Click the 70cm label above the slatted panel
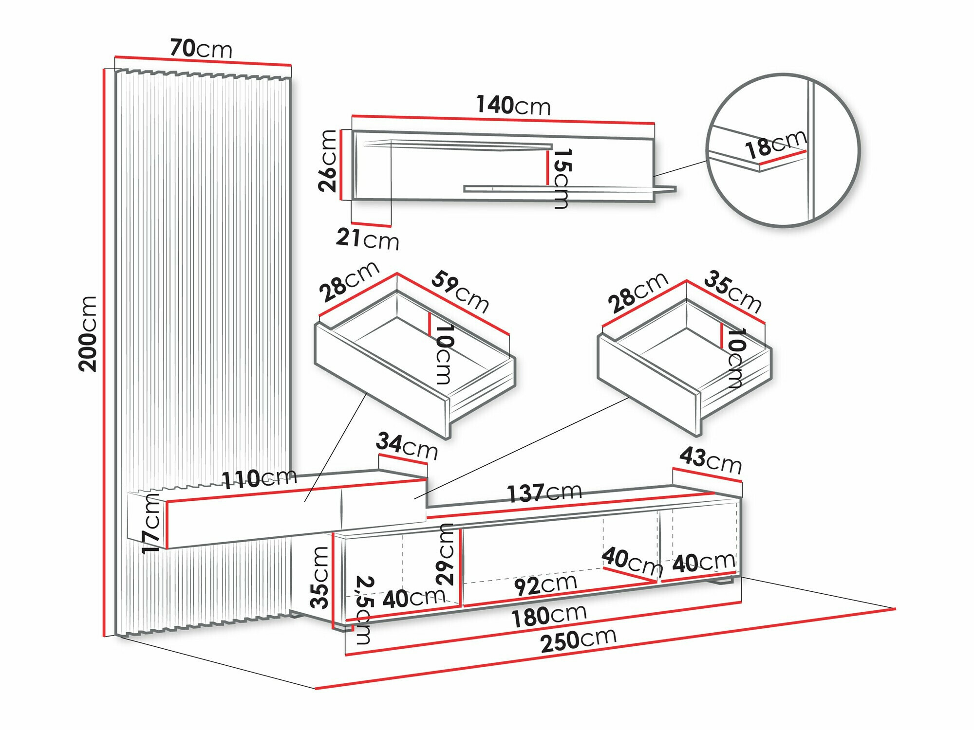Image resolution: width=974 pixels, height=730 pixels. point(201,49)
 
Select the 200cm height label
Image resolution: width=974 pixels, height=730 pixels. point(88,333)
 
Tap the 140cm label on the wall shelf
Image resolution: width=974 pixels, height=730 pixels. point(513,105)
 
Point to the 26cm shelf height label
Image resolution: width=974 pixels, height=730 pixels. point(327,161)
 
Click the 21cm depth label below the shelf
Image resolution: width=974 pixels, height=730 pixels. point(367,239)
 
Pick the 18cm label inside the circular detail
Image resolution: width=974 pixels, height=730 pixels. point(775,145)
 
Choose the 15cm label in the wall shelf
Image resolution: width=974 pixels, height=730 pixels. point(562,178)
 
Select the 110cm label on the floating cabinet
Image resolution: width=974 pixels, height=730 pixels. point(259,478)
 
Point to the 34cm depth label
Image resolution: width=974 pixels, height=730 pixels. point(407,446)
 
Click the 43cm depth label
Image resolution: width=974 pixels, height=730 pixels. point(710,460)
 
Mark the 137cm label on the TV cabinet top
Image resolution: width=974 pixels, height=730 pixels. point(544,493)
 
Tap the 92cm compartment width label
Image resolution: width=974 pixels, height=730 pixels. point(545,584)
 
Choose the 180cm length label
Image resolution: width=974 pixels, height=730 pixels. point(548,616)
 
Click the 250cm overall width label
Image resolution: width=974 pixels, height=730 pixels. point(578,640)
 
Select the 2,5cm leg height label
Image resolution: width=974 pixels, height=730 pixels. point(365,610)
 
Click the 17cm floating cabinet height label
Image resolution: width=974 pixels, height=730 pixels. point(151,523)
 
